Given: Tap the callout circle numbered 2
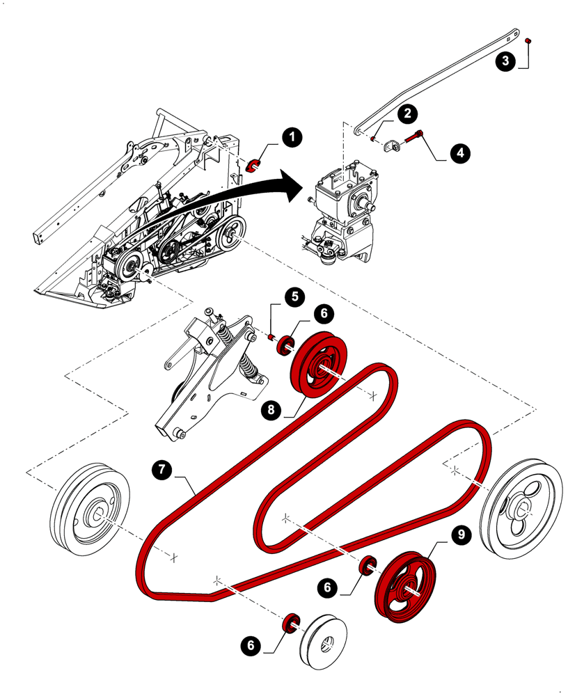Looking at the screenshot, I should (x=407, y=113).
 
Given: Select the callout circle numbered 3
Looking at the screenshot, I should (x=506, y=61).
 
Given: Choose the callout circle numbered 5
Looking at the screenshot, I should (x=294, y=296).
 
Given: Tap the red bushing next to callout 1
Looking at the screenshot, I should (x=255, y=164).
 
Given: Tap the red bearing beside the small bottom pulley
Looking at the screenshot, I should (x=292, y=622).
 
